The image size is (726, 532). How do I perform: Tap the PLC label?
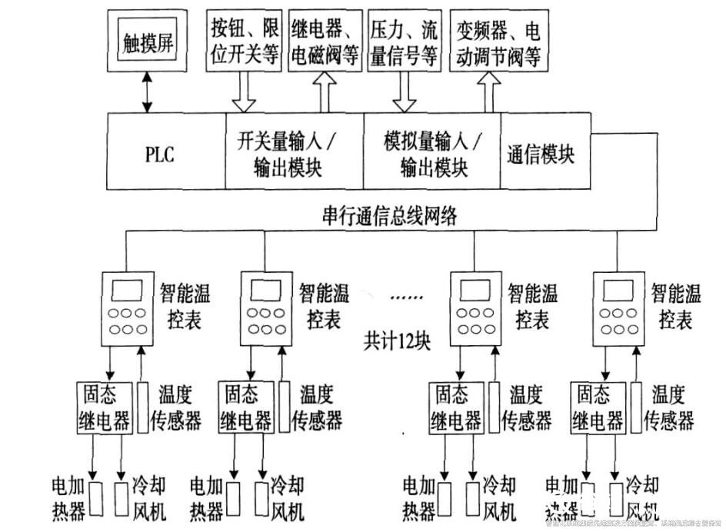tap(160, 154)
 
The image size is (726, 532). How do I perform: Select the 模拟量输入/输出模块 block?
tap(432, 154)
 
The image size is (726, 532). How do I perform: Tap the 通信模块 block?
tap(541, 154)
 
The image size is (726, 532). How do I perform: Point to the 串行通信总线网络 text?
tap(390, 216)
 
